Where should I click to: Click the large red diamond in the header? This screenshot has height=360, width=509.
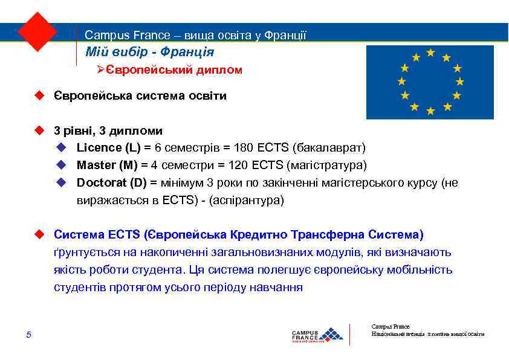tap(37, 31)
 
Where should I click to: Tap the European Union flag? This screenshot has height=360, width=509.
tap(430, 82)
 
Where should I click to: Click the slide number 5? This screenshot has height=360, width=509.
tap(28, 335)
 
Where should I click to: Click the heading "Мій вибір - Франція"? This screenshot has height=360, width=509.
tap(149, 53)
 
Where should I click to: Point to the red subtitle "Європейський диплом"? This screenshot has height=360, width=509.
tap(174, 70)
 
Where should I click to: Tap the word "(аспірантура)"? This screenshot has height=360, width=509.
tap(246, 200)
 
